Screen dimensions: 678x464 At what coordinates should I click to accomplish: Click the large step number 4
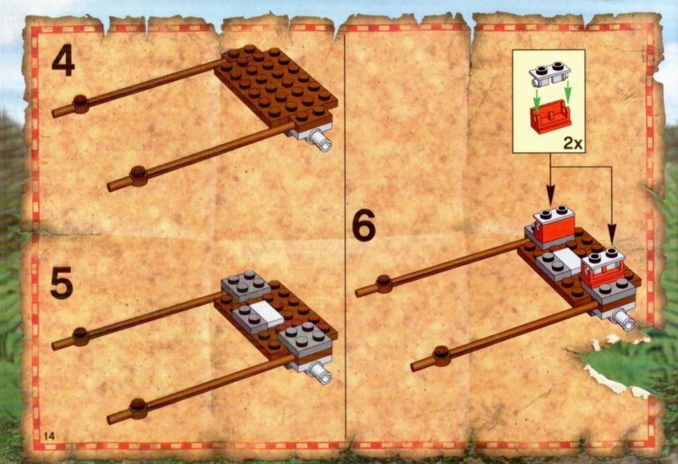[x=63, y=62]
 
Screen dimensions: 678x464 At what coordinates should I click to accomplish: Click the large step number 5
[x=62, y=283]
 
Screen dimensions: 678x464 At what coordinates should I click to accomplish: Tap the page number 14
[x=49, y=436]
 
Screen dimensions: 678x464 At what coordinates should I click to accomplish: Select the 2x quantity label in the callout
[x=573, y=143]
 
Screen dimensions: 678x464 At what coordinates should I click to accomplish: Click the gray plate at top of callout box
[x=548, y=74]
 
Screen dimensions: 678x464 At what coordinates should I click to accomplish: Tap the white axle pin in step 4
[x=322, y=140]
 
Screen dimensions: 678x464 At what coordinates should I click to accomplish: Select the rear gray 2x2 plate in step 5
[x=245, y=286]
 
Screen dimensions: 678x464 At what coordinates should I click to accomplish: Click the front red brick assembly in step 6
[x=603, y=268]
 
